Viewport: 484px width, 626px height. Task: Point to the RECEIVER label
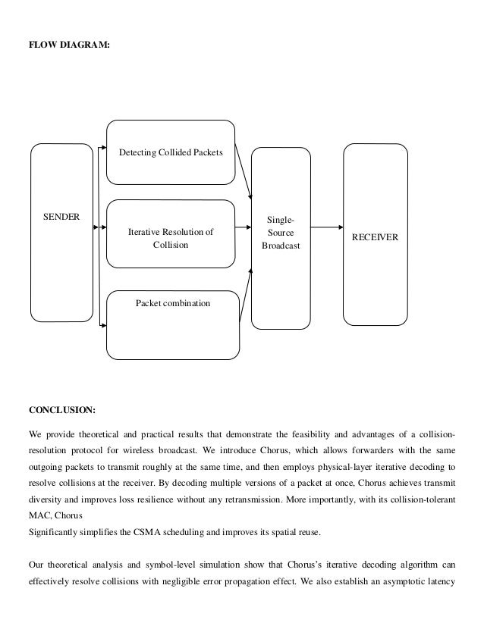click(x=376, y=238)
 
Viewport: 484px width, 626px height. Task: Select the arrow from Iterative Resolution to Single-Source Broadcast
click(x=244, y=227)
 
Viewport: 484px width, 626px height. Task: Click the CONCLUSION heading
click(x=62, y=411)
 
